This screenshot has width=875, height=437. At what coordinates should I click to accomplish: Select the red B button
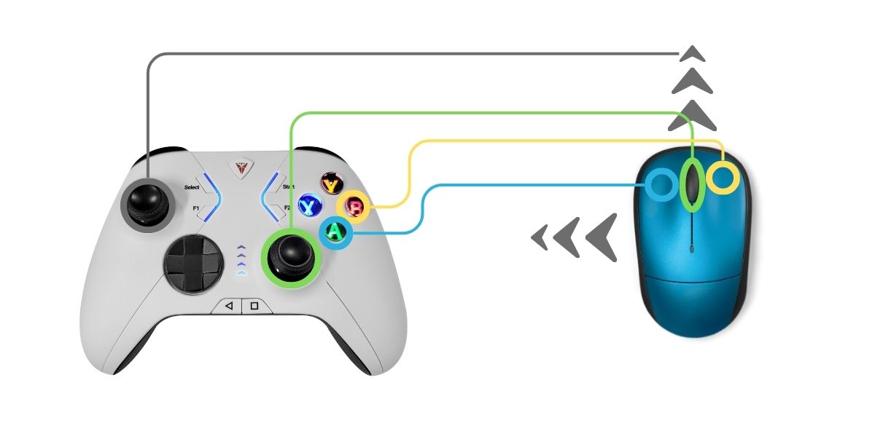[356, 207]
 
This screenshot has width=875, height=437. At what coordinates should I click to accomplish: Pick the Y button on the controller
[332, 184]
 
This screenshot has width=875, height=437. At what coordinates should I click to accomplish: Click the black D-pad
[191, 265]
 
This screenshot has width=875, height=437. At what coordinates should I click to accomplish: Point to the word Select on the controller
[192, 187]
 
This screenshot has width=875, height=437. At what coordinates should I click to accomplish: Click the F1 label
[196, 208]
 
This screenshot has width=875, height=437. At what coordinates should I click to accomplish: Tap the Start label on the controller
[288, 187]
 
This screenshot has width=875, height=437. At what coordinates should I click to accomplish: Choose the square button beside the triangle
[254, 306]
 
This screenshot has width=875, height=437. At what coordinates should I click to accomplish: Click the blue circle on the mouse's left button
[661, 184]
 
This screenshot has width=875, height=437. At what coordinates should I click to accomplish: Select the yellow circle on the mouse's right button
[725, 178]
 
